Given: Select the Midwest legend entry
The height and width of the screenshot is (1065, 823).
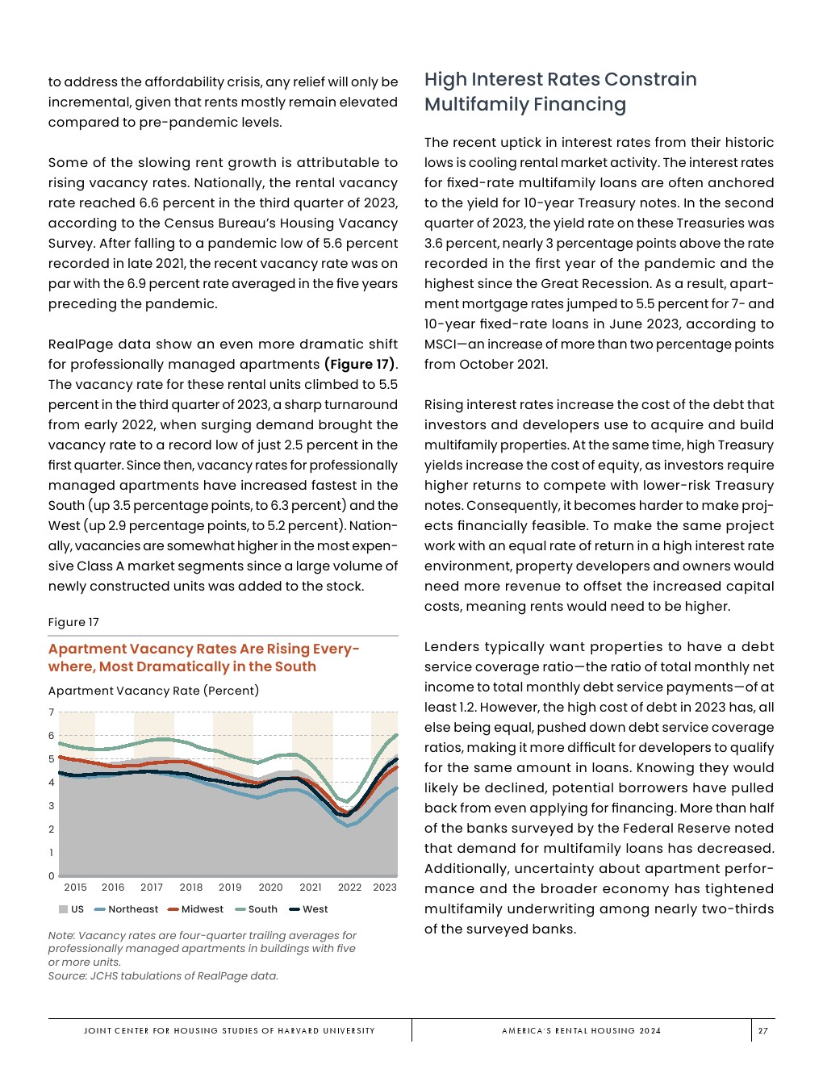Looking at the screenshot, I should [x=202, y=909].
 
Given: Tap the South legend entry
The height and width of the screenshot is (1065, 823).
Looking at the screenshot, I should [x=262, y=909].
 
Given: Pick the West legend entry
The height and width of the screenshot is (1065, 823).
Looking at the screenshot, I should [x=315, y=909].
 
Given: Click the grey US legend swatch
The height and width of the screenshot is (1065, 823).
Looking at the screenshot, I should [x=63, y=909].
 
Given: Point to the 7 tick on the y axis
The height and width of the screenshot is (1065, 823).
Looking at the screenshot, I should [x=52, y=712].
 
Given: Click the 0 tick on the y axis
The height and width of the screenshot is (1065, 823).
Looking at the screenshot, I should [x=52, y=876].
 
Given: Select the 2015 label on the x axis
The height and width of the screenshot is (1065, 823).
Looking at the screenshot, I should [x=75, y=887].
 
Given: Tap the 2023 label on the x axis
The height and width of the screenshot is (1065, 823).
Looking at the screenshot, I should [x=385, y=887].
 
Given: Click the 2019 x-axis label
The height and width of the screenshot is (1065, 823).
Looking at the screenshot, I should [x=230, y=887].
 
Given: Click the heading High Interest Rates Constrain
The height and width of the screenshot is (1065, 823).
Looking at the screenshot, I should [x=560, y=79].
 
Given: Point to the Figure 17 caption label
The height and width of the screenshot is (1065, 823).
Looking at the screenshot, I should [x=73, y=622].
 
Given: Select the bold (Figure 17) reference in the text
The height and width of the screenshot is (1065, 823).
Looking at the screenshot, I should [x=360, y=365].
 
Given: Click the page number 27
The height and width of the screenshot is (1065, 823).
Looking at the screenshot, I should [x=762, y=1030].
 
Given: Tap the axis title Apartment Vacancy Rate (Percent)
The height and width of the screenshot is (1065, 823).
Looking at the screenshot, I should [x=153, y=691].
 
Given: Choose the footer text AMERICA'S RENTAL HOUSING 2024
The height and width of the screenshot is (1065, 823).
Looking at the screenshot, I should [x=581, y=1030].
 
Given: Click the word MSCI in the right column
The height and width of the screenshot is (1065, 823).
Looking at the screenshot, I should [x=441, y=345].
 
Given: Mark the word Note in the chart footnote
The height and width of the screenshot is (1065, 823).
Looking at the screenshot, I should [x=61, y=936].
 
